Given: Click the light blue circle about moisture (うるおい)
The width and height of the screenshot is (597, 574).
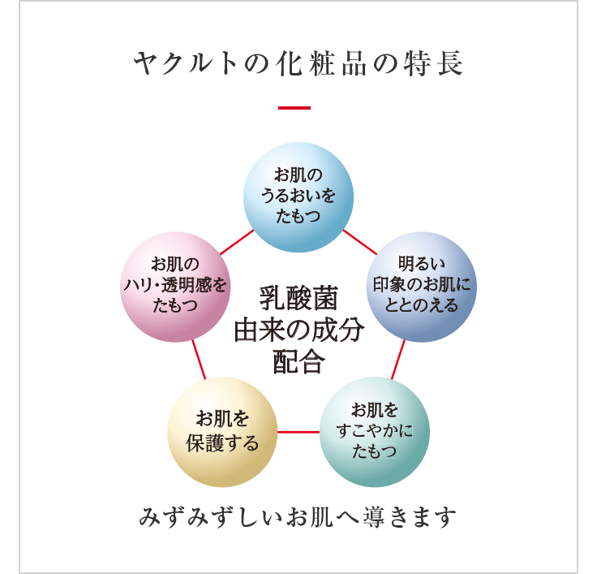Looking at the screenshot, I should click(x=298, y=196).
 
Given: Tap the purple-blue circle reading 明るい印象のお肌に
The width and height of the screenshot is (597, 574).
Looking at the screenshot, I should click(x=421, y=286).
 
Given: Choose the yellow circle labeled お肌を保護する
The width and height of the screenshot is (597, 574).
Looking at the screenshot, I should click(x=222, y=431).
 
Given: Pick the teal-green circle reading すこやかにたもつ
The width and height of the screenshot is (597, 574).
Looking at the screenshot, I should click(x=375, y=431).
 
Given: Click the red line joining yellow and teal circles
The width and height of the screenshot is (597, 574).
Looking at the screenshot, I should click(x=298, y=431).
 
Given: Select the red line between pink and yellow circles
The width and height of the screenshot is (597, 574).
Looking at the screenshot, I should click(x=198, y=360).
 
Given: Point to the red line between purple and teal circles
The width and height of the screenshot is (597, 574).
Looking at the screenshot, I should click(x=397, y=360).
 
